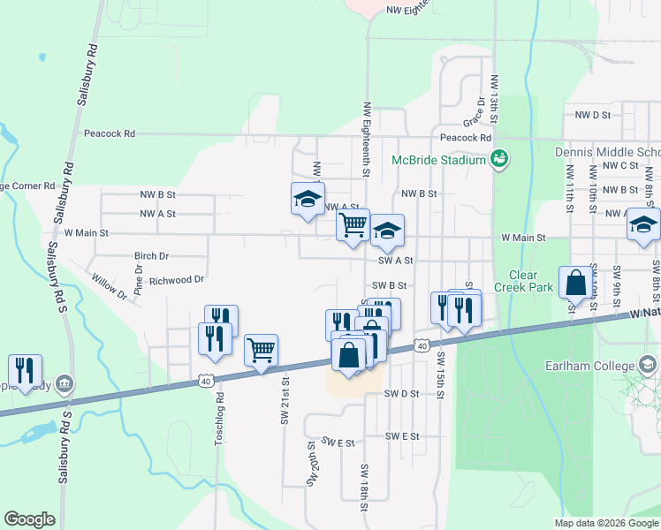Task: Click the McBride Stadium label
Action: coord(439,161)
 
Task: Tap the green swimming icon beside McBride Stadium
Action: coord(499,159)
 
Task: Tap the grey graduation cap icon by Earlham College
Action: coord(649,365)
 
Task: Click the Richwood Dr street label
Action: coord(177,280)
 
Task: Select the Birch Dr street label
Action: coord(151,256)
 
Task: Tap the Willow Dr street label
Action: coord(109,285)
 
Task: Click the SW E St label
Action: coord(338,442)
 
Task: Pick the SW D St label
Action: coord(401,394)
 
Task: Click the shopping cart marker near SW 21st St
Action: coord(262,351)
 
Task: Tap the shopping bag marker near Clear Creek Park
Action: coord(575,283)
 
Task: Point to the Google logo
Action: coord(29,519)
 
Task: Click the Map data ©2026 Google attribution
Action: coord(606,523)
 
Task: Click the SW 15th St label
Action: coord(439,375)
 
